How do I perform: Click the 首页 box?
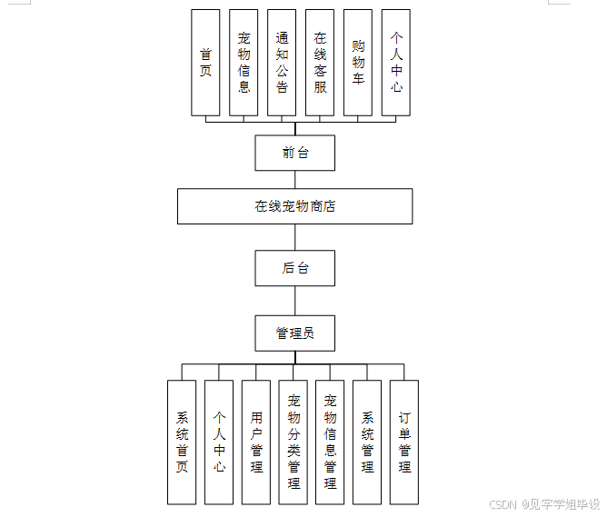205,63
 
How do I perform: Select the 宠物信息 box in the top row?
244,63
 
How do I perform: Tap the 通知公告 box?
282,63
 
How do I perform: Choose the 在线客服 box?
320,63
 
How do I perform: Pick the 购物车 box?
358,63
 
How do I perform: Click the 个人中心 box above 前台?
396,63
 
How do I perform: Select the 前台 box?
295,153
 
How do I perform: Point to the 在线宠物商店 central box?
295,206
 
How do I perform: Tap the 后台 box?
295,268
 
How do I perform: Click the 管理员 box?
295,333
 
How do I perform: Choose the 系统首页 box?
182,442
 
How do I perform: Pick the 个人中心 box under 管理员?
219,442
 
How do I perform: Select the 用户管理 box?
256,442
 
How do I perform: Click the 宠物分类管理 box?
294,442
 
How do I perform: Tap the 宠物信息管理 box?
330,442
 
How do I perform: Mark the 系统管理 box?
367,442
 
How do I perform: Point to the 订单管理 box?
404,442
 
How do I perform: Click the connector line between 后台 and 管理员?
295,301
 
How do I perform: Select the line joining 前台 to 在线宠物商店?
295,180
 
